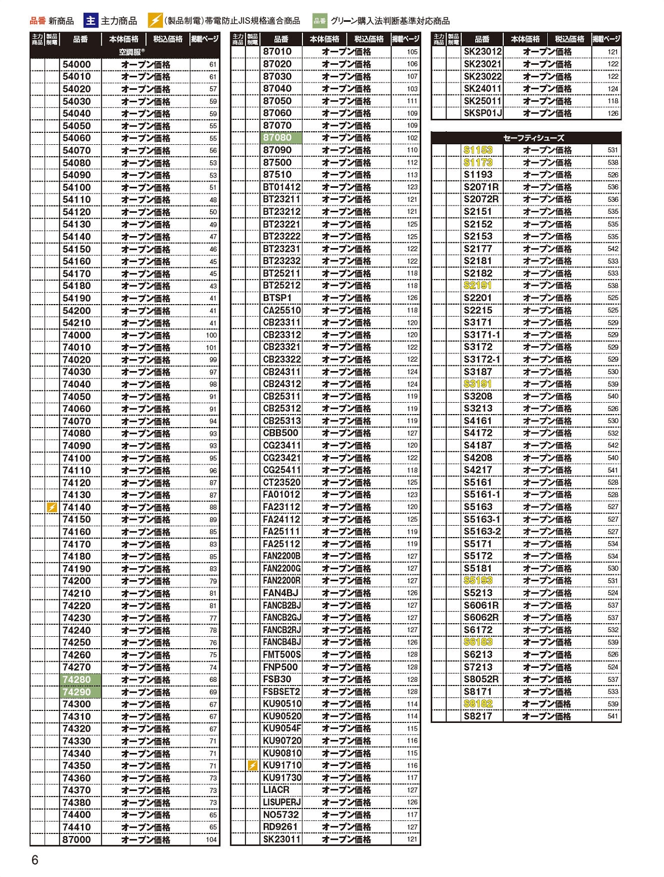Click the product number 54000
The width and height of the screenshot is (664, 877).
[x=77, y=64]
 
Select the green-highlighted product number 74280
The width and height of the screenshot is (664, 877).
[x=77, y=680]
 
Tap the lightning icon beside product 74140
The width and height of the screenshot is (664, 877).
[x=52, y=508]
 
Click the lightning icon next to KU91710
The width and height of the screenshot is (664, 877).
[x=253, y=765]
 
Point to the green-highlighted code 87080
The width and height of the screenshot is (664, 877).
[x=278, y=138]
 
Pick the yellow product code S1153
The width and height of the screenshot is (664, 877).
[x=478, y=150]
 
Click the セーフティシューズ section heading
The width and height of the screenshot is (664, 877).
[x=526, y=138]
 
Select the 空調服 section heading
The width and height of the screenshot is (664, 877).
[x=132, y=52]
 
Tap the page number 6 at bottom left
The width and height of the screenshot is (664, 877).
[x=35, y=860]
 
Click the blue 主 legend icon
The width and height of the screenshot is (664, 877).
[x=91, y=21]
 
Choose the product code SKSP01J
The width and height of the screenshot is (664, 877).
[x=483, y=113]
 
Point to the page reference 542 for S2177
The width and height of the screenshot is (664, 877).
[x=613, y=249]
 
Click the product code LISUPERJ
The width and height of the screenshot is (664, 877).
[x=282, y=802]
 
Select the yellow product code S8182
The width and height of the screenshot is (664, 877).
[x=478, y=704]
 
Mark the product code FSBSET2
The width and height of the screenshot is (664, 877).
[x=282, y=692]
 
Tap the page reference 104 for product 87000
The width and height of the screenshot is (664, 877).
[x=211, y=840]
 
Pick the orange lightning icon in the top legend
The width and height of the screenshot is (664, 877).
[x=155, y=21]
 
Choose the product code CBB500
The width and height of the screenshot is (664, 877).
[x=281, y=433]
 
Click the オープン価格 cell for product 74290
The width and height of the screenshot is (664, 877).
[x=146, y=692]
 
